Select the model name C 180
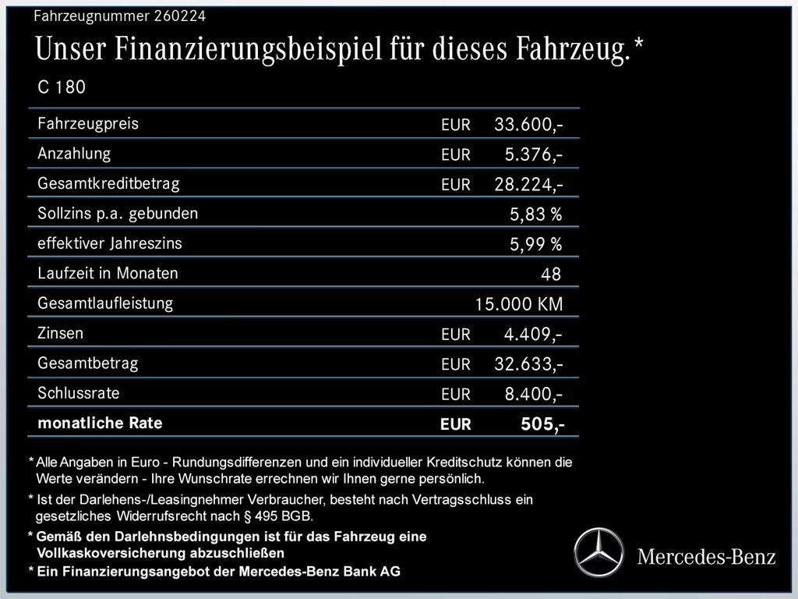62,87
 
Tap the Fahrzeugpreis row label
88,123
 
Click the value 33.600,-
529,125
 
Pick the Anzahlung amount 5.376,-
534,154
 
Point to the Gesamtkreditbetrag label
108,183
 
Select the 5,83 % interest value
535,214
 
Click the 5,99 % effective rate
535,244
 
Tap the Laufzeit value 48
550,274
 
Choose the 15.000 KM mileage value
519,304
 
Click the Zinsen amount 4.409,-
534,335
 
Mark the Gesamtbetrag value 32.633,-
529,364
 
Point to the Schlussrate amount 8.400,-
534,394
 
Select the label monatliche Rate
100,424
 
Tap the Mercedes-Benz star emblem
600,552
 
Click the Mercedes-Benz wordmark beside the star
706,556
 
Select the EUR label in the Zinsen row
456,335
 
